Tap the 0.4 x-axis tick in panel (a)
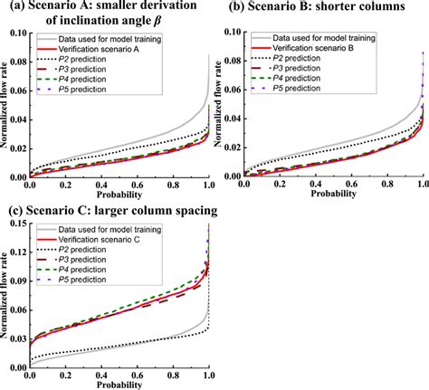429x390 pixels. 100,185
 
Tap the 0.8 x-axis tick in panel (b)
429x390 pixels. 386,185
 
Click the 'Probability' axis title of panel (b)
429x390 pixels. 331,194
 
